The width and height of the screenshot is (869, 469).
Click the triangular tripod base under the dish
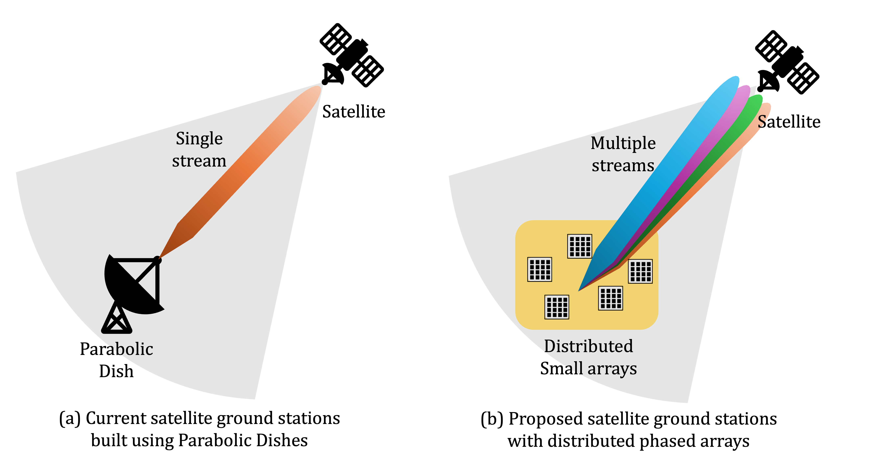point(116,319)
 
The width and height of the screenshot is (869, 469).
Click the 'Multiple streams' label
point(623,154)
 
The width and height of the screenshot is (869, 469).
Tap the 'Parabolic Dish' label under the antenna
point(116,360)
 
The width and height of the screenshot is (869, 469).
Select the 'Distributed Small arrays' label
point(588,357)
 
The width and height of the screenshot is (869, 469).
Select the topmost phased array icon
point(580,246)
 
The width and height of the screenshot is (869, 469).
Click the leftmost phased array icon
point(539,269)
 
